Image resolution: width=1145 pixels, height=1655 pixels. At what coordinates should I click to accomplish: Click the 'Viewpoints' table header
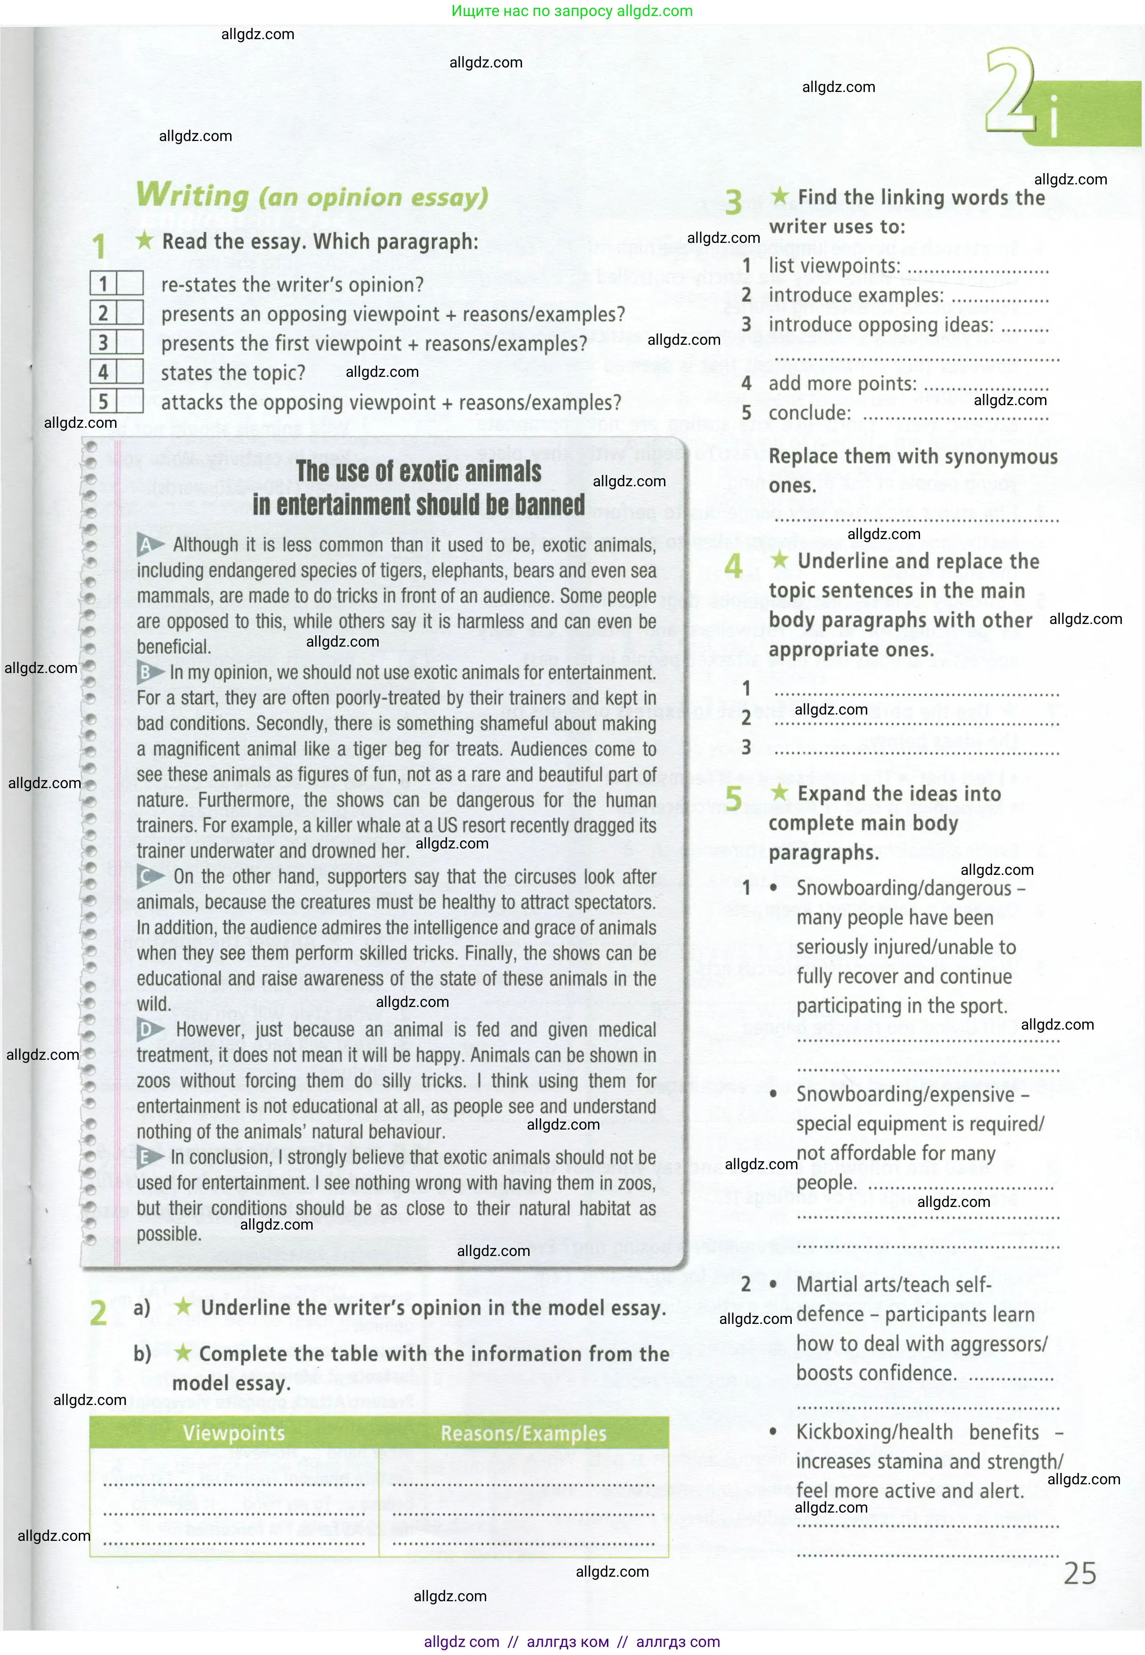234,1433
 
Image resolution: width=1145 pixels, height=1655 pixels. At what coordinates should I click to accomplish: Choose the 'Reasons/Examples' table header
523,1433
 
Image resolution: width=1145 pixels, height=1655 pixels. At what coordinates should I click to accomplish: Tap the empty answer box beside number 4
130,372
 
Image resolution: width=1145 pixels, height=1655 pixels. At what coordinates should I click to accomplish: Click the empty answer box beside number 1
130,284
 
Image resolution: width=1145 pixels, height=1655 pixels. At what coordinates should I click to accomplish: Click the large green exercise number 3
733,202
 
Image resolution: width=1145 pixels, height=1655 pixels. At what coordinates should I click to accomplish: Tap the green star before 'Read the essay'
145,241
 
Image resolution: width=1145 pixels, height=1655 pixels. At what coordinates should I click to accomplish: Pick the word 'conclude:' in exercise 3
809,413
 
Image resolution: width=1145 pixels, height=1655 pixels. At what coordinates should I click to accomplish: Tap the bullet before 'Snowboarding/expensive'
773,1094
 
